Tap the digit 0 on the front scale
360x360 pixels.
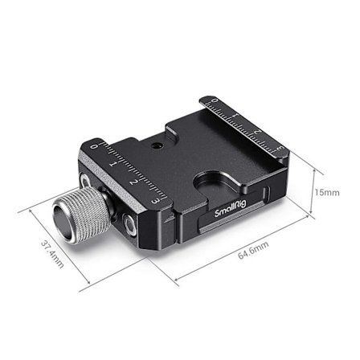tap(95, 148)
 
